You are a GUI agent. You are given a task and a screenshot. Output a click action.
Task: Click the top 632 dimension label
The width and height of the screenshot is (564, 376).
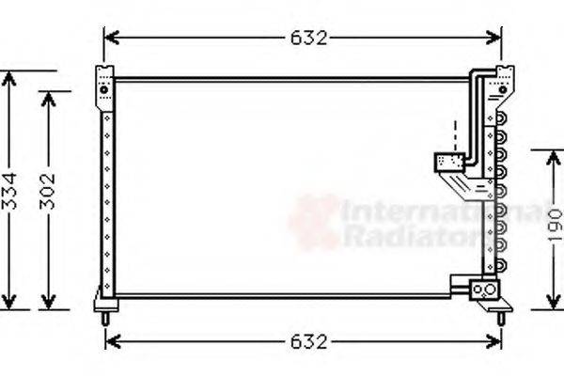click(x=307, y=39)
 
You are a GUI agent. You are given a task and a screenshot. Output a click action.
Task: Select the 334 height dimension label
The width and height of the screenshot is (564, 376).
click(x=9, y=192)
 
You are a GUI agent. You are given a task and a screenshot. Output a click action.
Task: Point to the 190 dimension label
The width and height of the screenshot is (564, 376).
click(x=555, y=227)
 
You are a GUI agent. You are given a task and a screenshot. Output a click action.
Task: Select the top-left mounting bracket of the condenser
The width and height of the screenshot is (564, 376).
click(x=103, y=83)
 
